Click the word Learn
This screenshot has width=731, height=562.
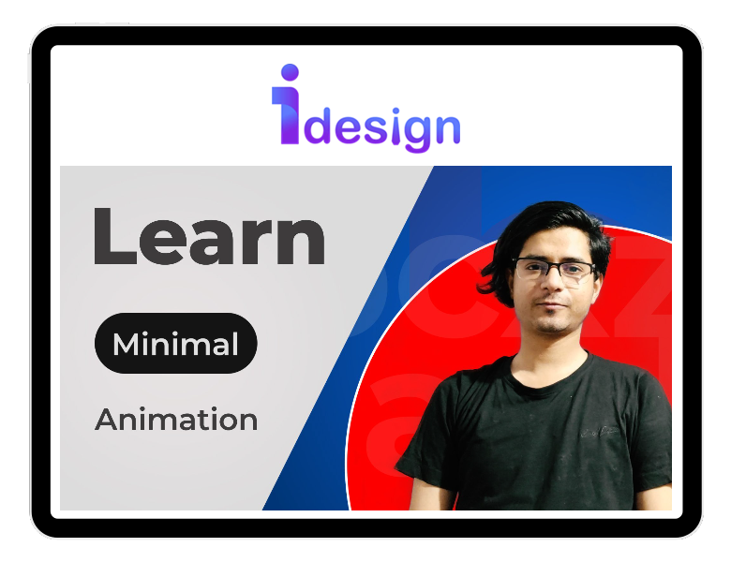point(209,237)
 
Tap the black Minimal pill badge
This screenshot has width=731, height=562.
point(176,344)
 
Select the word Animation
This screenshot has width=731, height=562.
point(176,419)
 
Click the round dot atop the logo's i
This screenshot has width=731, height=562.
point(290,72)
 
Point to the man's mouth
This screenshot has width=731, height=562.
point(553,306)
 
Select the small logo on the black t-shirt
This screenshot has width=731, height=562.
point(600,432)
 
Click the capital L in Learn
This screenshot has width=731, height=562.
point(115,237)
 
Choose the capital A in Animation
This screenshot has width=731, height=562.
point(108,419)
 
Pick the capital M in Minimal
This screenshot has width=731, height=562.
point(126,344)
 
